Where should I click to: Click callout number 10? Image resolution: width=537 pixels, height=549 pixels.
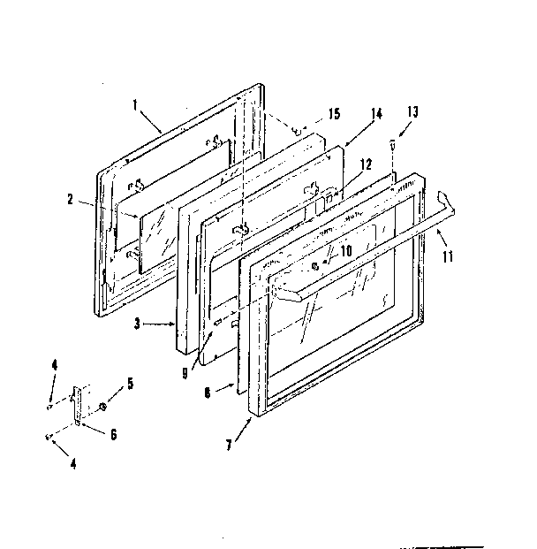pyautogui.click(x=345, y=251)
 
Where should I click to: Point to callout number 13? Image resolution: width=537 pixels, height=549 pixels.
pyautogui.click(x=413, y=111)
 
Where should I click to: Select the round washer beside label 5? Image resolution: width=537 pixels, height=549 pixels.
pyautogui.click(x=104, y=408)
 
